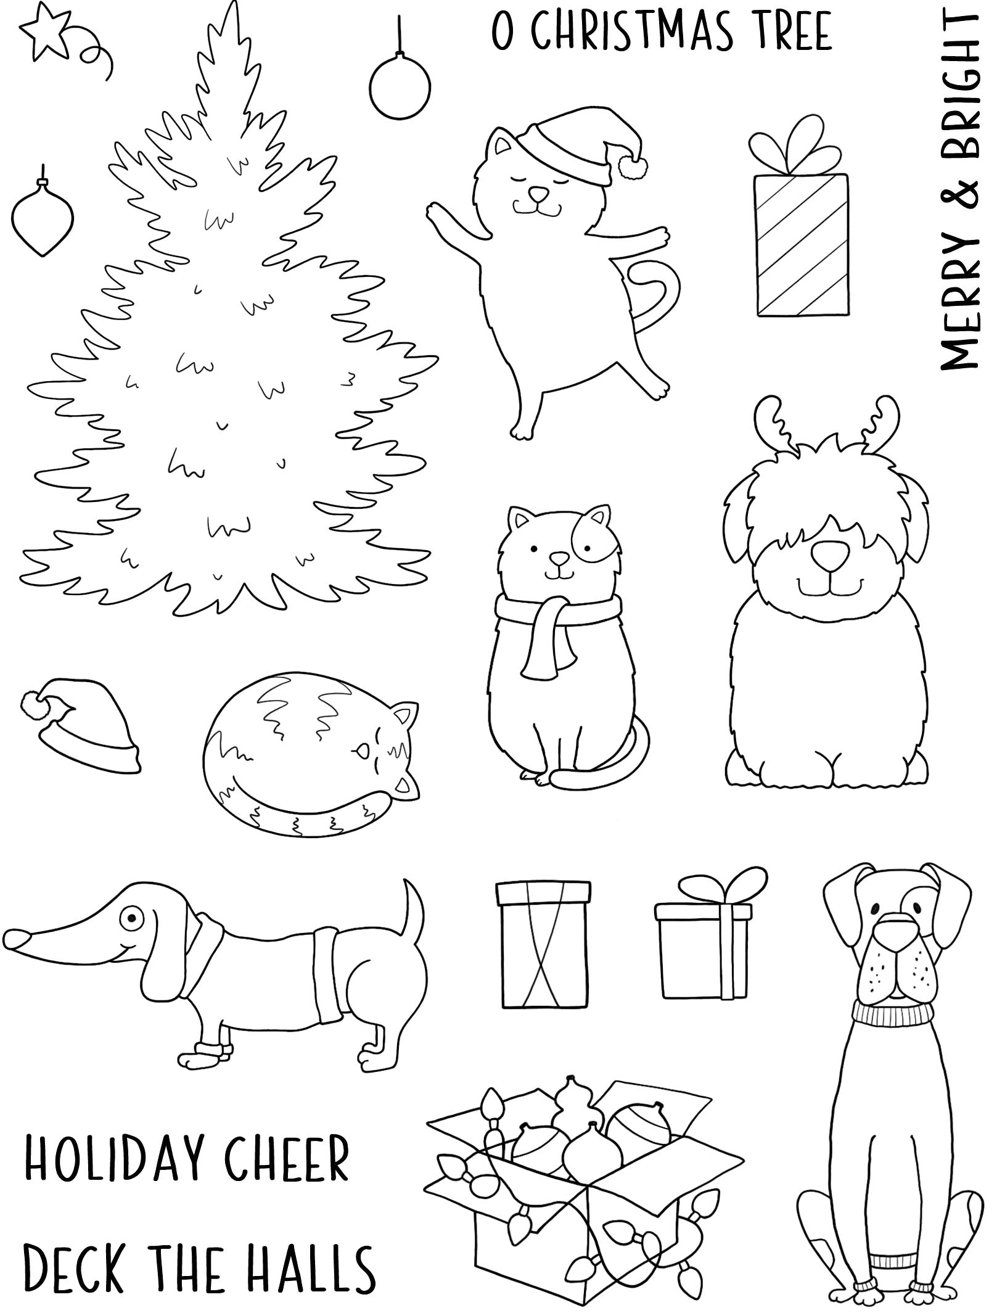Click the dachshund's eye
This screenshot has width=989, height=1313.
[130, 918]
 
